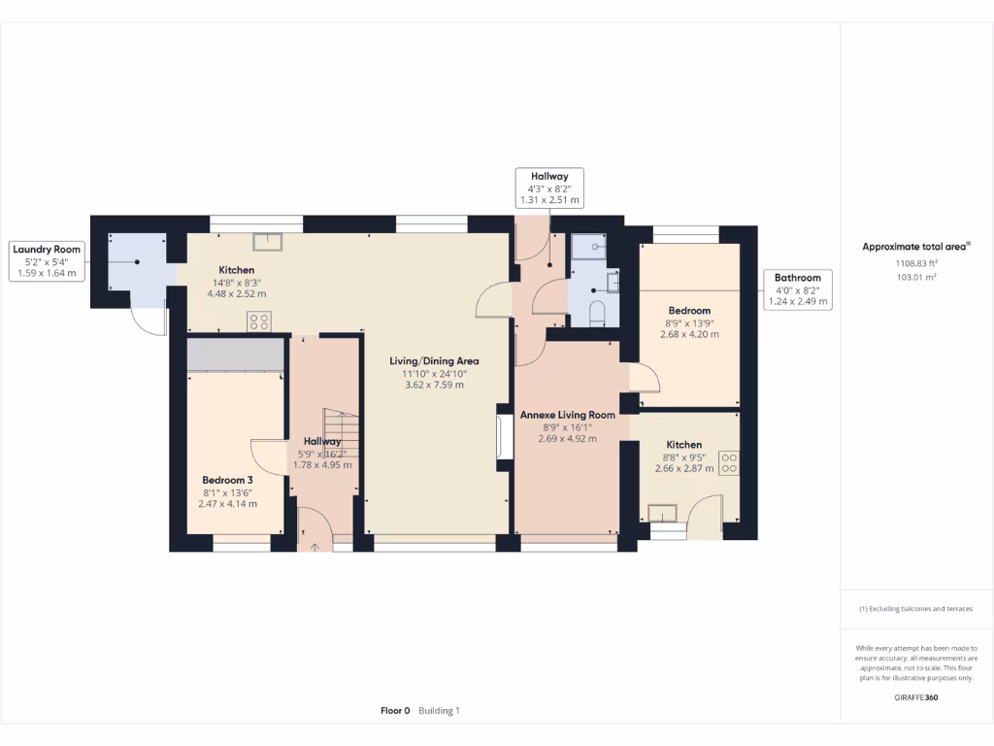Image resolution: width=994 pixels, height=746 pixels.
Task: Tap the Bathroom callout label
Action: (797, 289)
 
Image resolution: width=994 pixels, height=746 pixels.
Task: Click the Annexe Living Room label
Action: (568, 415)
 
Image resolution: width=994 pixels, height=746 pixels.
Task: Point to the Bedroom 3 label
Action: (227, 480)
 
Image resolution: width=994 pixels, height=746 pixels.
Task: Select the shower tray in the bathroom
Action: (589, 248)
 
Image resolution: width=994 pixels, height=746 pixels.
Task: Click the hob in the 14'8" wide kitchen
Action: (258, 322)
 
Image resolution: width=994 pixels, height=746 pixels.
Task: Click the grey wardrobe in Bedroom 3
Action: (235, 356)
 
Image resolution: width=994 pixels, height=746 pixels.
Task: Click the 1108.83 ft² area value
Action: (915, 263)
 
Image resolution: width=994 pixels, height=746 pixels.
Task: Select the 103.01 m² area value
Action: (915, 277)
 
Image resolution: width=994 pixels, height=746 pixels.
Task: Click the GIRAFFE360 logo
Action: (916, 697)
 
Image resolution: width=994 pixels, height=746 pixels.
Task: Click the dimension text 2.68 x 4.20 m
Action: (689, 334)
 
